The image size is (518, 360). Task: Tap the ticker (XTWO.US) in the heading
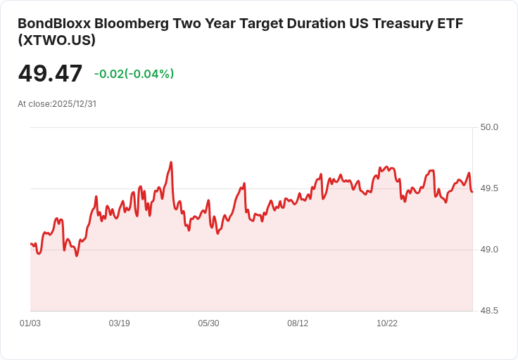point(57,40)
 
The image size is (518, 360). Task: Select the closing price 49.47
point(50,73)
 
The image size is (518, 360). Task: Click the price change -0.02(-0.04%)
point(134,74)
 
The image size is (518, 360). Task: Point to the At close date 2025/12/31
point(74,103)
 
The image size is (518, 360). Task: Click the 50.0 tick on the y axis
point(489,127)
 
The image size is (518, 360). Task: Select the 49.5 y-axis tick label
point(489,188)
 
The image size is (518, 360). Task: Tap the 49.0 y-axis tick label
point(489,250)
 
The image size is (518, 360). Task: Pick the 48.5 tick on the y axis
point(489,311)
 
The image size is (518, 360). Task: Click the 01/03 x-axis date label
point(30,323)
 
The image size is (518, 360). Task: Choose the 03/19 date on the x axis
point(120,323)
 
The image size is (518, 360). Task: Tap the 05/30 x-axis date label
point(208,323)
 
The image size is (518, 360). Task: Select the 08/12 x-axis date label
point(298,323)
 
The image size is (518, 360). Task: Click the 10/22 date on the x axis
point(387,323)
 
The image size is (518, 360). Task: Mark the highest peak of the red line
point(171,162)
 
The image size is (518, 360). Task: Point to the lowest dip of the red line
point(77,256)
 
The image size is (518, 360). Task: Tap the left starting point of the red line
point(30,243)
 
